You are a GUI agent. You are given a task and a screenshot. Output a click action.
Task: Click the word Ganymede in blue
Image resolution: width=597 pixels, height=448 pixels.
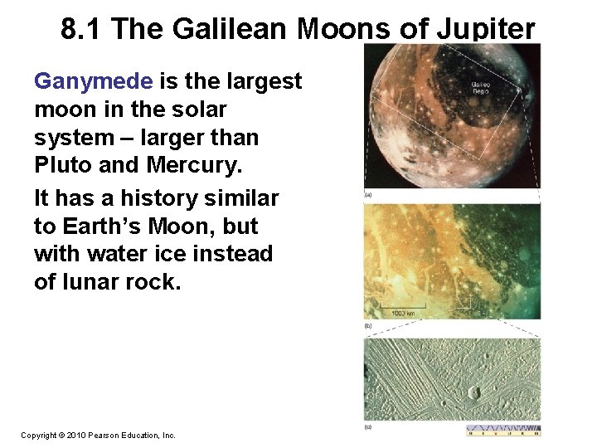tap(93, 81)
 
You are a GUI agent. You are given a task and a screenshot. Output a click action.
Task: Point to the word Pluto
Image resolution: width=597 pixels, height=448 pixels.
tap(63, 165)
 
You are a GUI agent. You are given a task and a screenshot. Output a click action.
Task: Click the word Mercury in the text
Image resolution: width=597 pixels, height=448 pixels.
tap(194, 165)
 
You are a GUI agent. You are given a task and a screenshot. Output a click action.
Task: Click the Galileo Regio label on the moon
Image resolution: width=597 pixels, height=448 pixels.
tap(480, 86)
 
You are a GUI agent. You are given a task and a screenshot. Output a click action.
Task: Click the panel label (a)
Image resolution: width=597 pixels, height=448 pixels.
tap(368, 195)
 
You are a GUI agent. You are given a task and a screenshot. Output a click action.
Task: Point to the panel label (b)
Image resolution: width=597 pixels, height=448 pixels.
tap(368, 326)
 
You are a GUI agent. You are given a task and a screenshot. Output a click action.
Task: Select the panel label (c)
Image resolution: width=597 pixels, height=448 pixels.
tap(368, 427)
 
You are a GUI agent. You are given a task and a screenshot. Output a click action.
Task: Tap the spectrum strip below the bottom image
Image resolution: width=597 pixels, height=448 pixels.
tap(503, 431)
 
